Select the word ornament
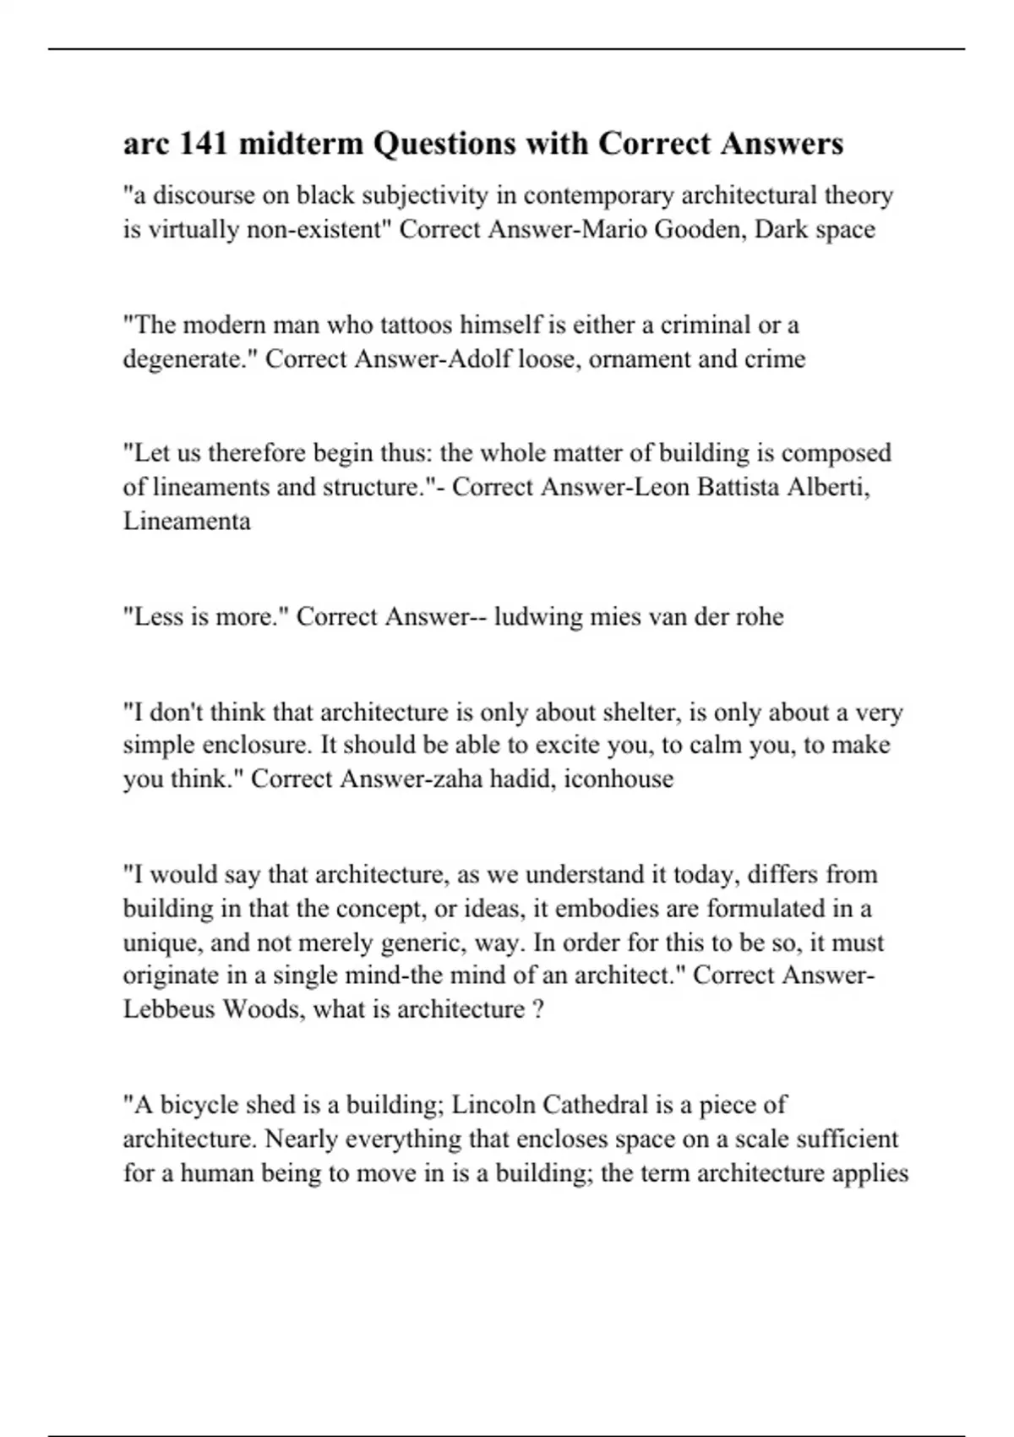(640, 359)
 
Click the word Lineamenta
(187, 522)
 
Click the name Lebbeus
(169, 1010)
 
